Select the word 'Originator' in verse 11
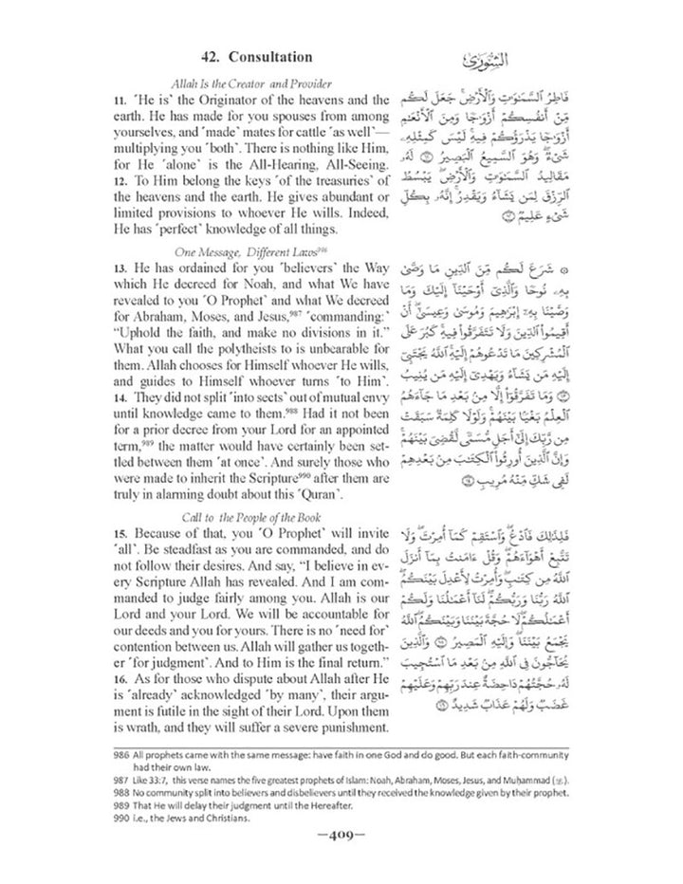pos(194,100)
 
